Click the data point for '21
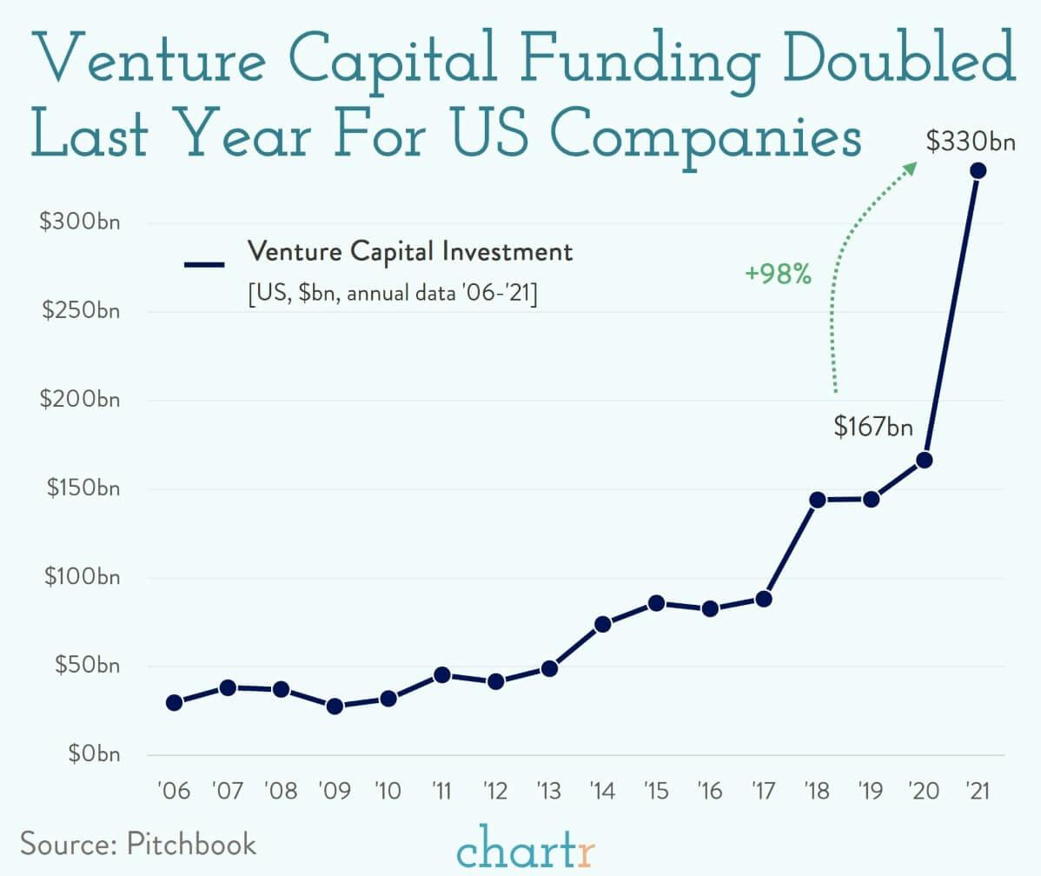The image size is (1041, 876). coord(978,170)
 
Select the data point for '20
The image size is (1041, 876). coord(925,460)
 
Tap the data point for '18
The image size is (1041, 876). coord(817,500)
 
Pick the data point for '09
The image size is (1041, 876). coord(335,707)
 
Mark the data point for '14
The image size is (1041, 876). coord(603,624)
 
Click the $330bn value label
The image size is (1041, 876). coord(970,143)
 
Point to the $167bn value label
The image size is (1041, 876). coord(873,427)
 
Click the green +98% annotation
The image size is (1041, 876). coord(778,275)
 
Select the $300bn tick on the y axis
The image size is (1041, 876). coord(79,222)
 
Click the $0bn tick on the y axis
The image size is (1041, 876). coord(89,754)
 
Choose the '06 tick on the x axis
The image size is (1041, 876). coord(174,792)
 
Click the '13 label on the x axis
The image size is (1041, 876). coord(549,792)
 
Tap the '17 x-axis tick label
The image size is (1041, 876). coord(764,792)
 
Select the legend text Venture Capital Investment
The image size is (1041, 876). coord(410,252)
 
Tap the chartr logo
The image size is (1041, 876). coord(526,849)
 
